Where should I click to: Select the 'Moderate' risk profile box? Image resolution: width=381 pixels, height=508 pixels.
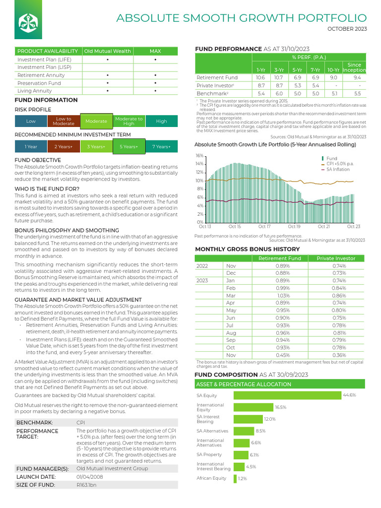96,121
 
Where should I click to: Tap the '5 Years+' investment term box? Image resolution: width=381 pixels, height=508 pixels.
128,147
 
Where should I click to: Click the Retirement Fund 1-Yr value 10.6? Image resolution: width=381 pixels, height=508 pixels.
260,78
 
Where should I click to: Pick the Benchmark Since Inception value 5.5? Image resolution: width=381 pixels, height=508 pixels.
357,93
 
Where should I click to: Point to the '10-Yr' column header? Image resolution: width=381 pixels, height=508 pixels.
333,70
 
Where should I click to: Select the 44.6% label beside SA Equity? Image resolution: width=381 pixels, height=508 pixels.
349,395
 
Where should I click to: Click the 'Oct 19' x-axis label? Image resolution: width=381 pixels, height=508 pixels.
294,227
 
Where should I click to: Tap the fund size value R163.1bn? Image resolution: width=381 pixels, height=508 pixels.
87,485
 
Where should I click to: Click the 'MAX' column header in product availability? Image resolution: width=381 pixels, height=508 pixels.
155,51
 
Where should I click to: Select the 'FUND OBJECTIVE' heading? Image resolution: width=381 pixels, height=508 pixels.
38,160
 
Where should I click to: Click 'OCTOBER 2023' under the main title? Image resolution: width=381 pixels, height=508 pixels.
347,29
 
